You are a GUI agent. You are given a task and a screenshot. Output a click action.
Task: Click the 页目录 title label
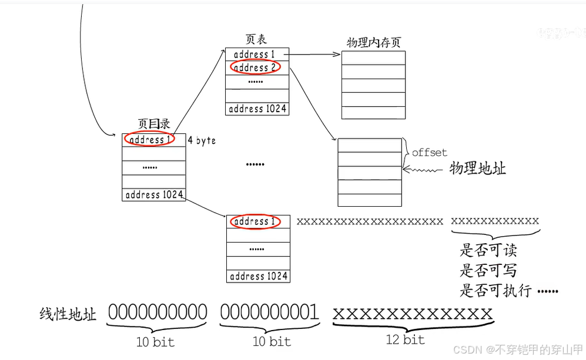click(154, 124)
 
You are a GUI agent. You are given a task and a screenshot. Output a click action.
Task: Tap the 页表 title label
click(256, 39)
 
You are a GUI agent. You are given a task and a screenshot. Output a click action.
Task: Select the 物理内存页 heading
click(374, 43)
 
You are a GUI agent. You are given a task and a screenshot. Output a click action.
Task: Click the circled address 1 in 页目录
click(150, 140)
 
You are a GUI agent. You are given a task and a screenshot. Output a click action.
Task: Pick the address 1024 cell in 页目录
click(154, 195)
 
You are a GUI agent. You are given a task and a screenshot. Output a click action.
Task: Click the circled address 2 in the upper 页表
click(255, 68)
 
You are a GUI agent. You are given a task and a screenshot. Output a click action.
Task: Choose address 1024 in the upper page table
click(257, 109)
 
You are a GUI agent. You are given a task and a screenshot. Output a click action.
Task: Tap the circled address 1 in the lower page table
click(255, 221)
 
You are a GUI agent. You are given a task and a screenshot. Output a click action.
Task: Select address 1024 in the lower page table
click(258, 276)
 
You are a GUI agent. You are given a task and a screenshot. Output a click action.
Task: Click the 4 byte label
click(202, 141)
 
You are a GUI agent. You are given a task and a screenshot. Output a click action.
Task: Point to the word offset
click(429, 153)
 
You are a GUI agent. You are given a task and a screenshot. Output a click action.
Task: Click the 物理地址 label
click(477, 169)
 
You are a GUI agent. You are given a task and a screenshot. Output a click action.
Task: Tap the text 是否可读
click(488, 251)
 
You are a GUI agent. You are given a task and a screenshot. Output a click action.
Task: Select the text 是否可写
click(488, 270)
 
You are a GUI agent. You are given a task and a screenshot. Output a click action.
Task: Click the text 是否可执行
click(495, 290)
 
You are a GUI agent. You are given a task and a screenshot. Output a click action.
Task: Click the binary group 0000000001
click(270, 312)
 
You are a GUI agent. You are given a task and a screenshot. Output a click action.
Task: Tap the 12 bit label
click(405, 339)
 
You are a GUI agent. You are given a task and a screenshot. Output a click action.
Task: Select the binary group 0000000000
click(158, 312)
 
